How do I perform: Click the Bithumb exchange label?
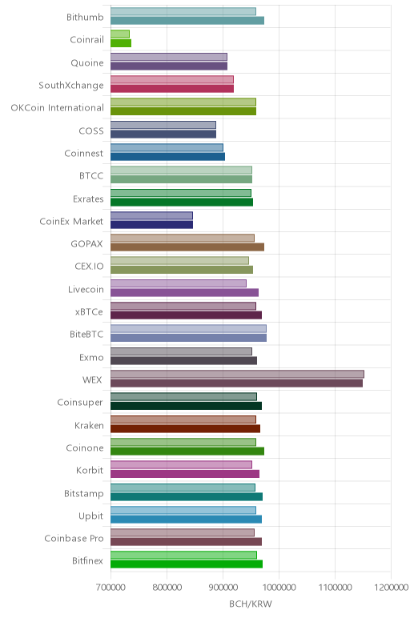pos(85,17)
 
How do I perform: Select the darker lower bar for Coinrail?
pos(121,43)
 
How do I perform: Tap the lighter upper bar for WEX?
pos(237,374)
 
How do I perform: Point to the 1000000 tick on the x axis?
pos(279,588)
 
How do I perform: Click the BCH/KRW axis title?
pos(251,604)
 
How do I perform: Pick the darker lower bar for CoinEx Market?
pos(152,225)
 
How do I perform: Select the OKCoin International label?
pos(58,107)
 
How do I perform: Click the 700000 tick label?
pos(111,588)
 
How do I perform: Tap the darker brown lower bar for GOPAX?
pos(187,247)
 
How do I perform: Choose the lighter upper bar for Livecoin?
pos(179,283)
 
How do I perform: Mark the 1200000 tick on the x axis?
pos(391,588)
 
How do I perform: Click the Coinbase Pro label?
pos(74,539)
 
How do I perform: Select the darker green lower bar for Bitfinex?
pos(187,564)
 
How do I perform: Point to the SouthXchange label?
pos(71,85)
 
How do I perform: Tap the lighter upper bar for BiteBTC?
pos(188,329)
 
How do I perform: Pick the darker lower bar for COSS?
pos(163,134)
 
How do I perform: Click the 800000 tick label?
pos(167,588)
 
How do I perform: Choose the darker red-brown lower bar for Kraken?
pos(185,428)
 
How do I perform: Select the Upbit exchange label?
pos(90,516)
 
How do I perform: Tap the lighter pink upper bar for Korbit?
pos(181,464)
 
